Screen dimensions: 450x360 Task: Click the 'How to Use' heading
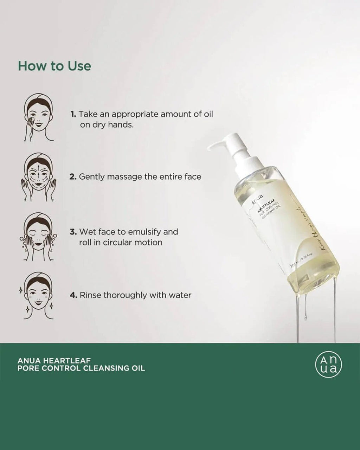coord(54,66)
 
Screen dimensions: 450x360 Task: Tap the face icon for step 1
coord(39,118)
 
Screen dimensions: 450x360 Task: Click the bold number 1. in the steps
coord(73,114)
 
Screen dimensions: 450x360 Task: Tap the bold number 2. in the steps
coord(73,176)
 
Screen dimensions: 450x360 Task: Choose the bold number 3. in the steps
coord(73,232)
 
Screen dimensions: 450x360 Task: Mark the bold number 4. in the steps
coord(73,295)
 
